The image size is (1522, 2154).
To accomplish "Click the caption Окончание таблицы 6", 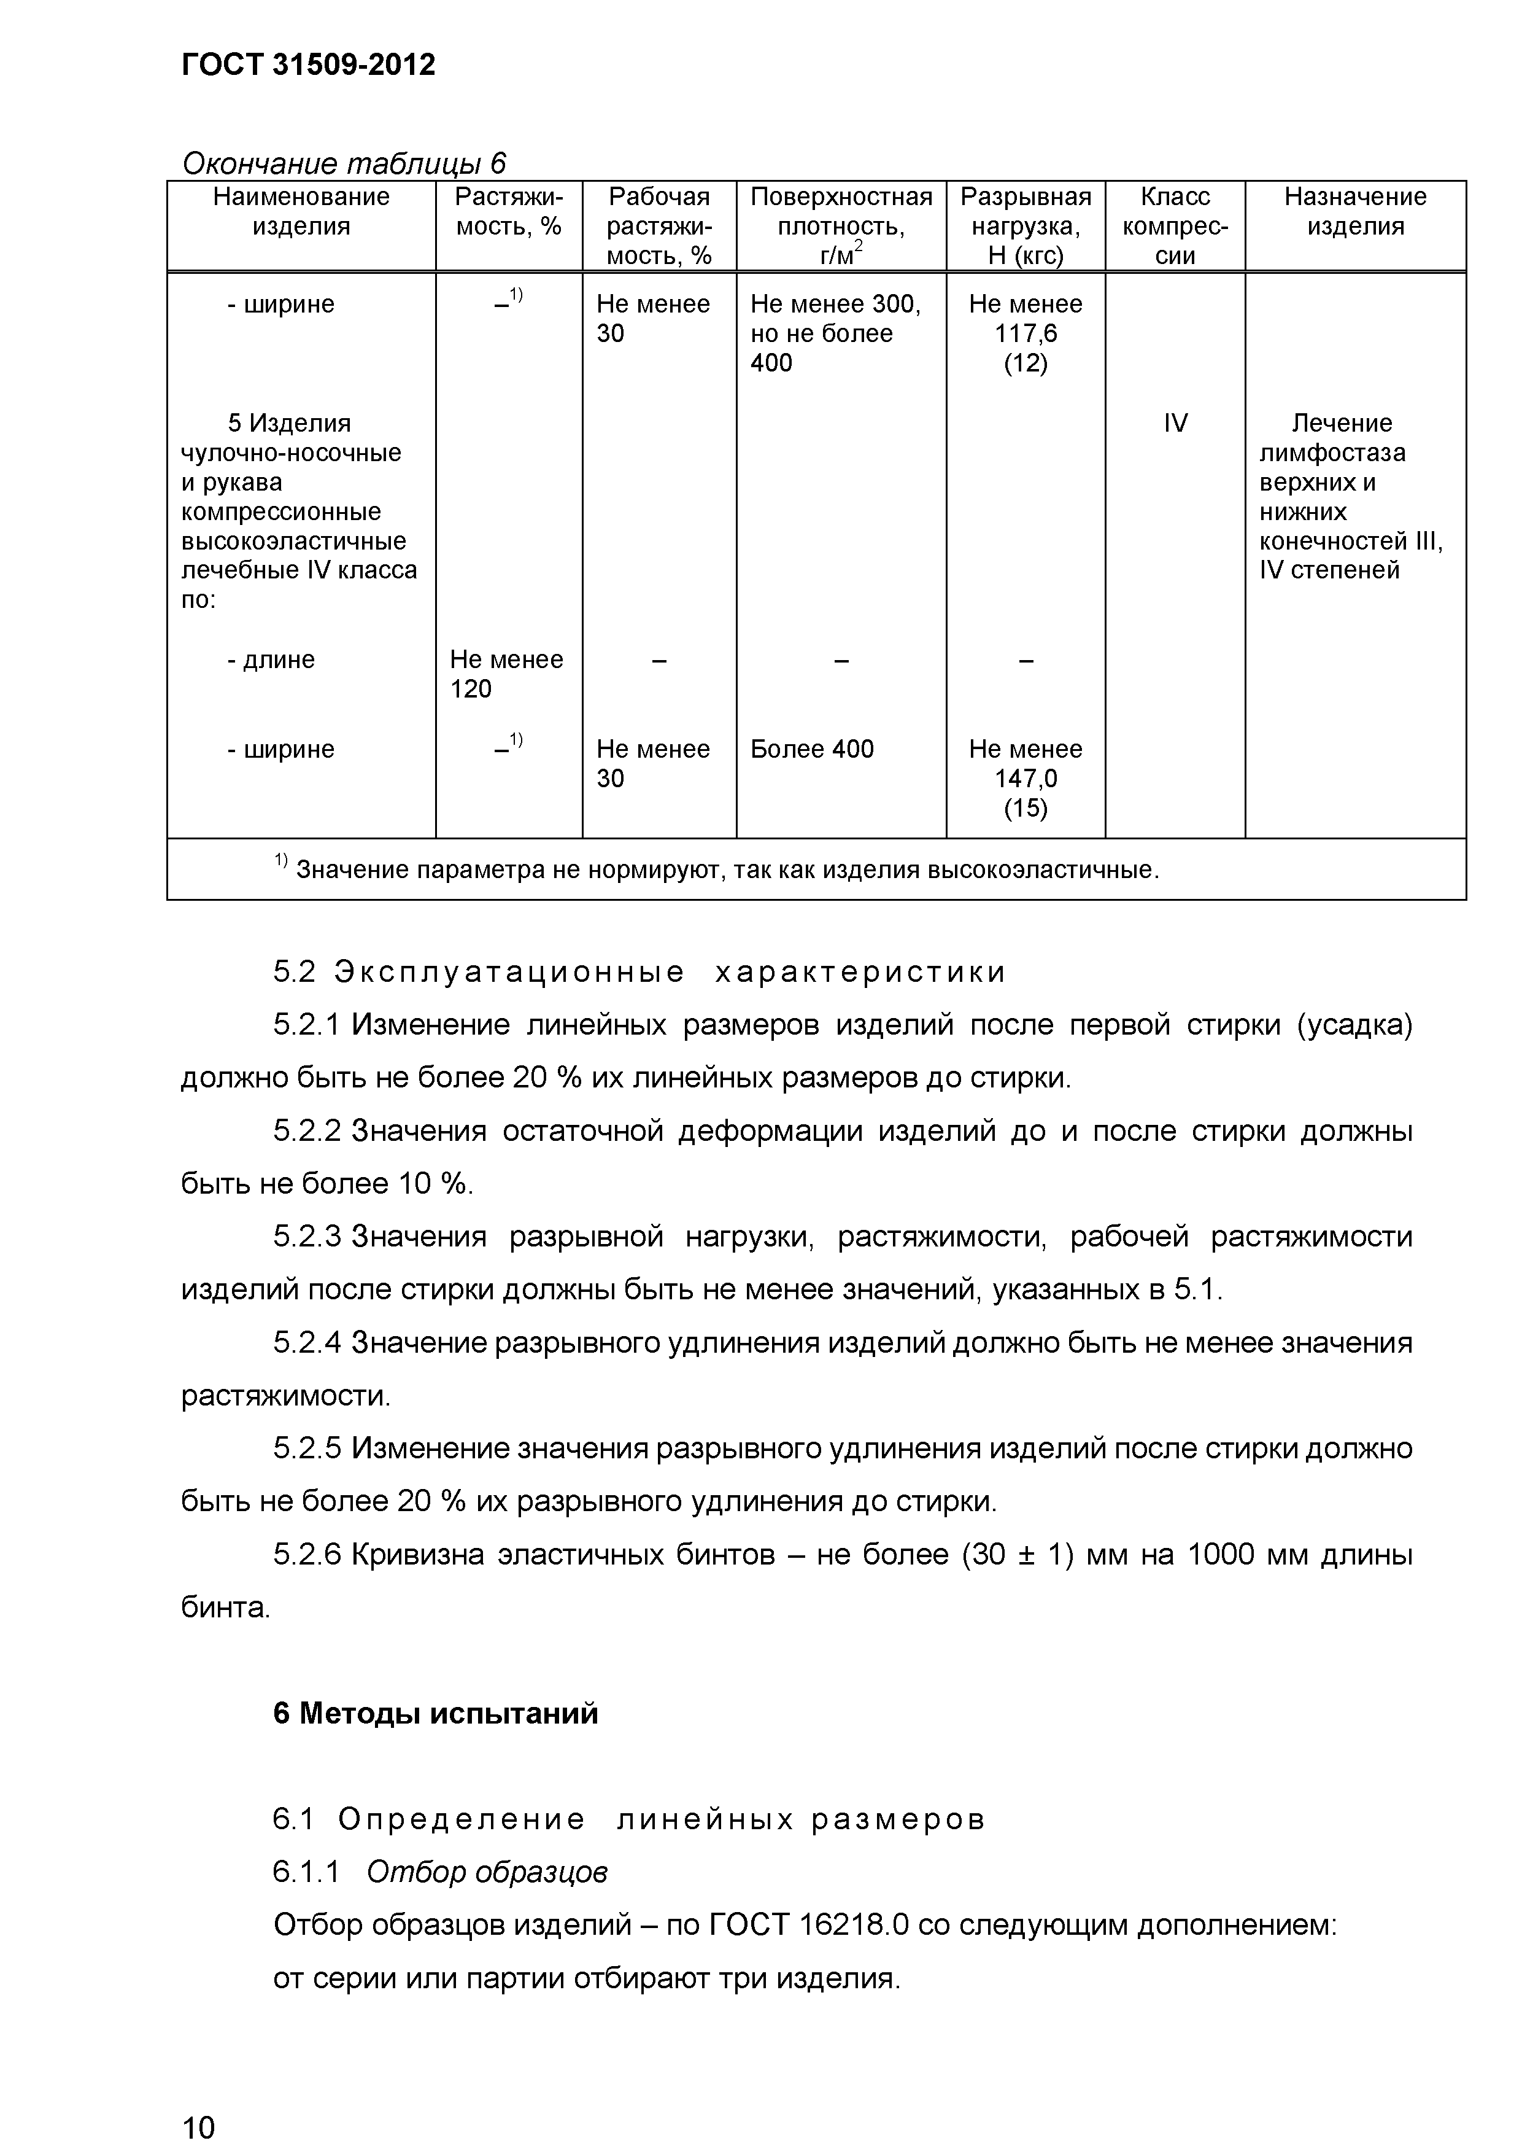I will [343, 163].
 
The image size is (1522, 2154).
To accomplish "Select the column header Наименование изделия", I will [301, 211].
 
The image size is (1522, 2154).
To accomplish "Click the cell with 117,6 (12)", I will [1025, 333].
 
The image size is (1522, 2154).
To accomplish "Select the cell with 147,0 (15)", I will [1025, 778].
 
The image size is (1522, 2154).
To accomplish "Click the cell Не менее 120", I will [506, 674].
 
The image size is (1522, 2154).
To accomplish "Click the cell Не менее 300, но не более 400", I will [835, 333].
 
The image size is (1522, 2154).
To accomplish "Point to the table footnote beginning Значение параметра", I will [727, 869].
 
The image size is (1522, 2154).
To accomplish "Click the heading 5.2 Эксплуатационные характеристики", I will [639, 972].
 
